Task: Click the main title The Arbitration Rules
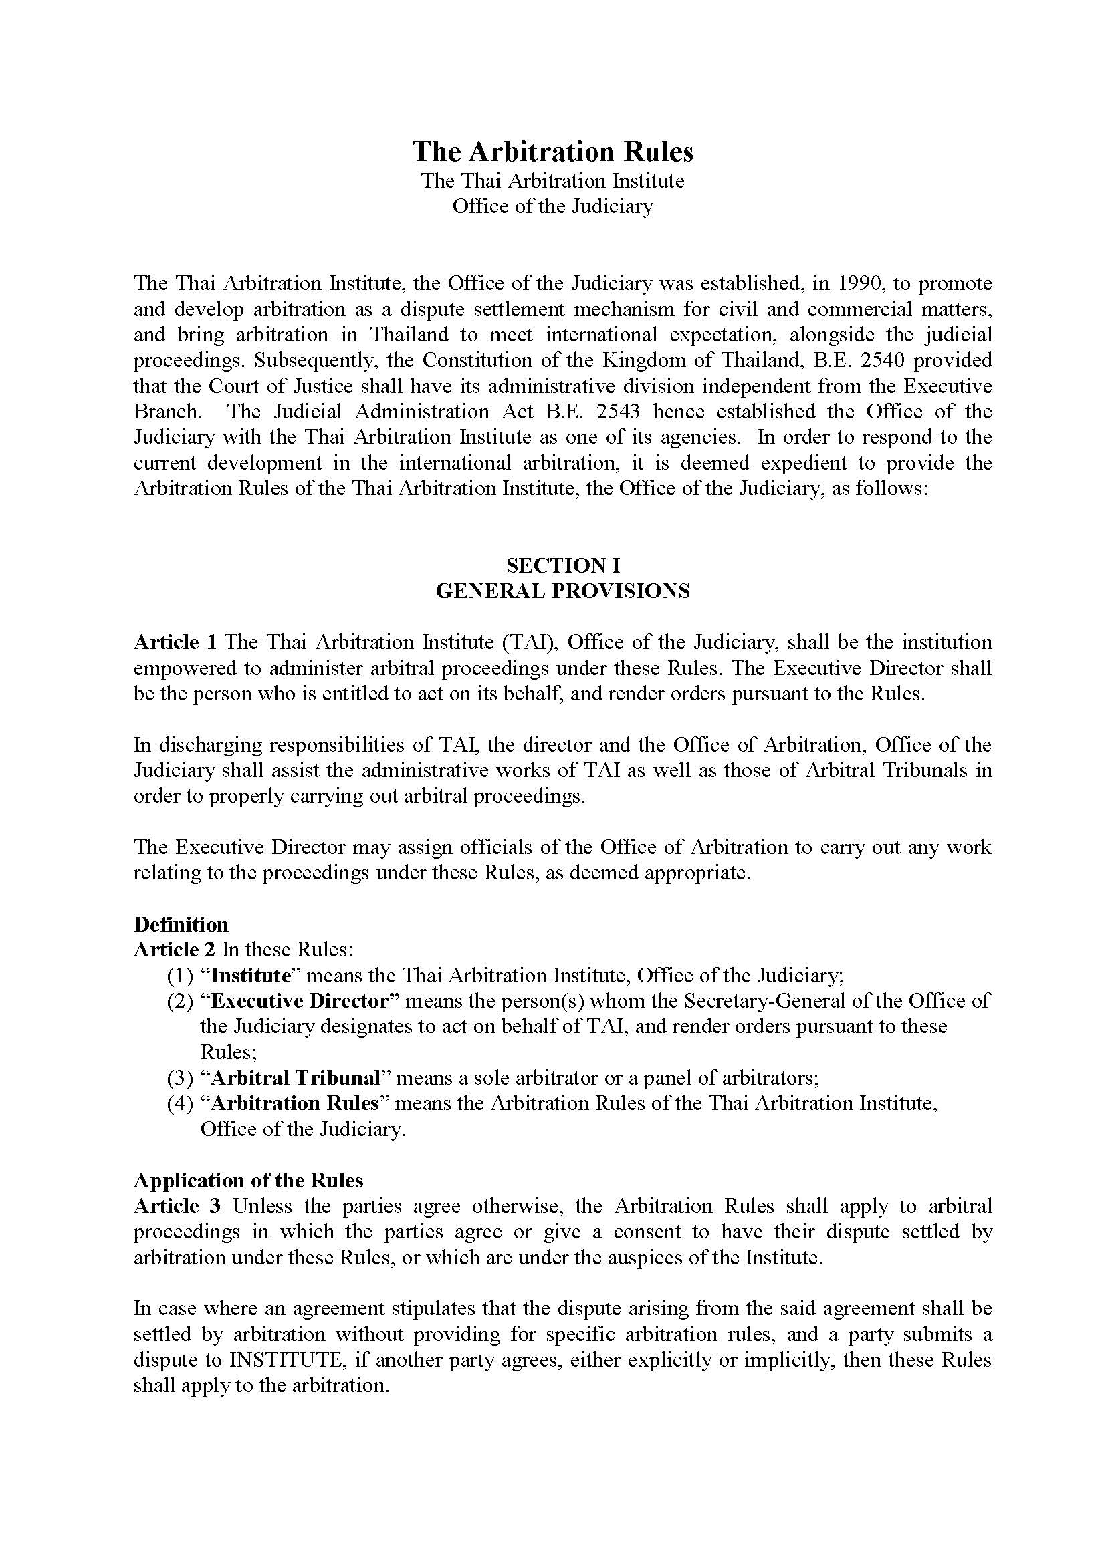[552, 152]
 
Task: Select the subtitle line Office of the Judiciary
[552, 206]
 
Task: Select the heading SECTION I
[562, 565]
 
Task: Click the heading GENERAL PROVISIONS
[562, 591]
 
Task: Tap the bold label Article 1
[175, 642]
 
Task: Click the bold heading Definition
[181, 924]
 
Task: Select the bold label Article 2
[175, 950]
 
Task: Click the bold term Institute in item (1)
[251, 976]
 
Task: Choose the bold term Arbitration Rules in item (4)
[294, 1103]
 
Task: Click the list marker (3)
[181, 1079]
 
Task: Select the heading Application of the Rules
[249, 1180]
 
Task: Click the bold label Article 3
[177, 1206]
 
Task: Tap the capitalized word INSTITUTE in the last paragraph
[298, 1360]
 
